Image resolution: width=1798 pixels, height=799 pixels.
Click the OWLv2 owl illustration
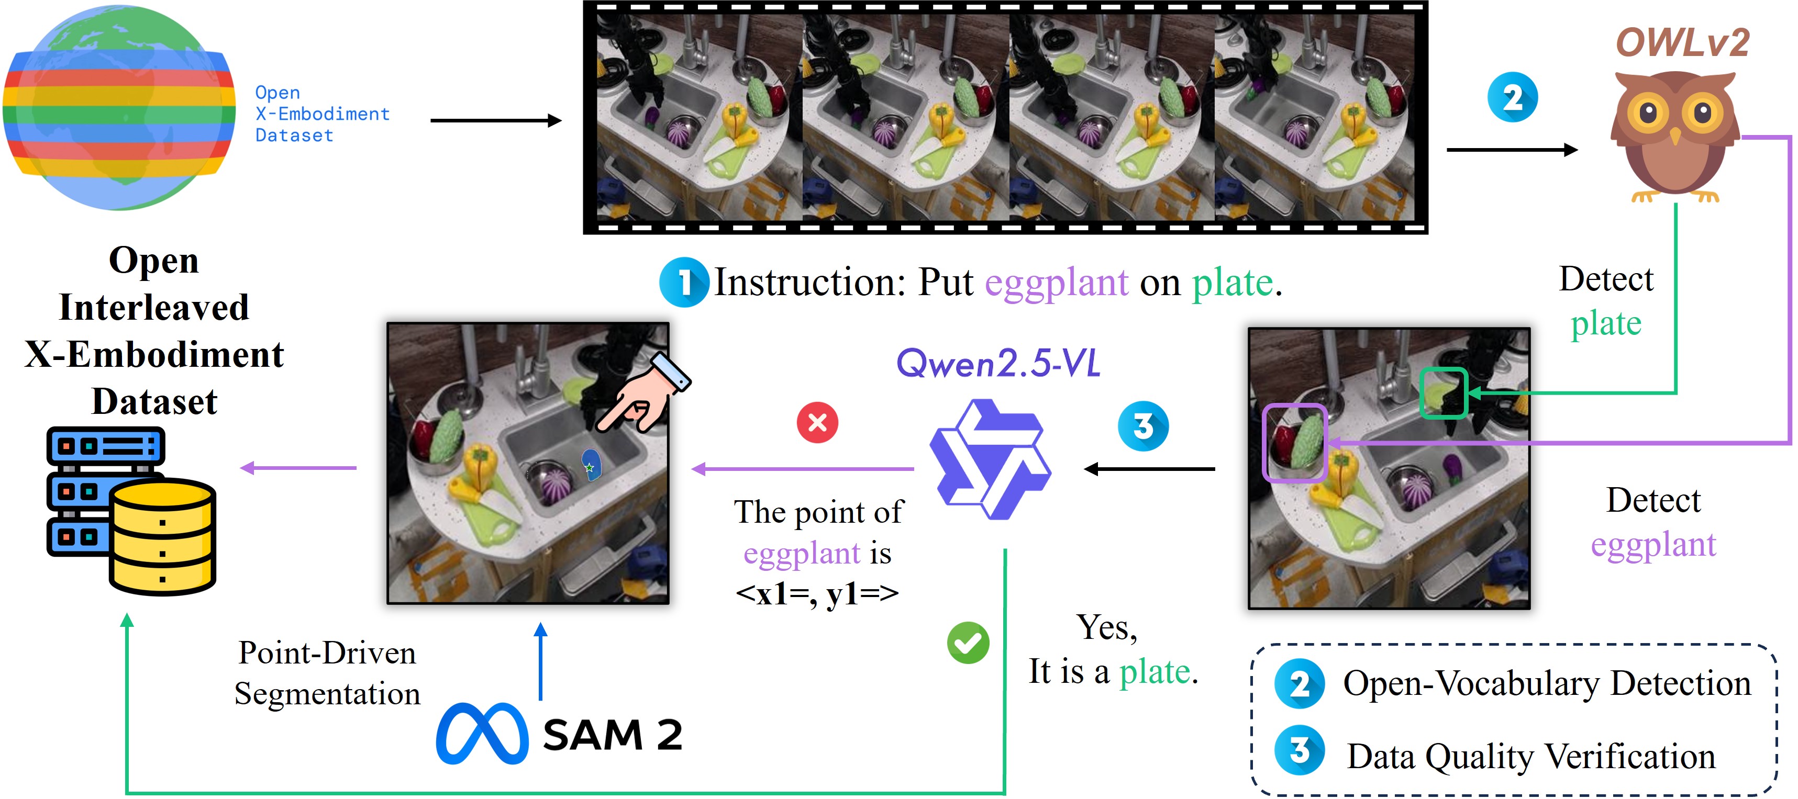pyautogui.click(x=1674, y=136)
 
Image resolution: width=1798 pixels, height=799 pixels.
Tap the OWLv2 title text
pyautogui.click(x=1682, y=43)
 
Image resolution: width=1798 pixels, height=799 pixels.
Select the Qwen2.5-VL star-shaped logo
pyautogui.click(x=990, y=459)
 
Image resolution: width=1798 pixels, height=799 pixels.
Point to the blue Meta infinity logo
pyautogui.click(x=482, y=734)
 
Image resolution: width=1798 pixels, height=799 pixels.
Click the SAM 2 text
pyautogui.click(x=612, y=735)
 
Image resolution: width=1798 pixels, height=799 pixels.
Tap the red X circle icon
pyautogui.click(x=817, y=422)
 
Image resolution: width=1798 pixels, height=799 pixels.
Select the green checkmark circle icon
pyautogui.click(x=968, y=642)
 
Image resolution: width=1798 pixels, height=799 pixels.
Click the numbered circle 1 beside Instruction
pyautogui.click(x=684, y=282)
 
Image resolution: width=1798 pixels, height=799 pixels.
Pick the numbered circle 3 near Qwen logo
pyautogui.click(x=1142, y=426)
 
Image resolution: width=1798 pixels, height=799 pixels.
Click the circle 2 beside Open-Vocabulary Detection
pyautogui.click(x=1299, y=684)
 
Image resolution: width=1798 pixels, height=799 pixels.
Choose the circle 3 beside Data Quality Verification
pyautogui.click(x=1299, y=751)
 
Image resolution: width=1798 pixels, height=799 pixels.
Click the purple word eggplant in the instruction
pyautogui.click(x=1056, y=283)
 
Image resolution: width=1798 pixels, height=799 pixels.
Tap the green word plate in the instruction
pyautogui.click(x=1232, y=283)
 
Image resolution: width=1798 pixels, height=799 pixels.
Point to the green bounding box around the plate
pyautogui.click(x=1444, y=393)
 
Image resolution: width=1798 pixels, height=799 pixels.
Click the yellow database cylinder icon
pyautogui.click(x=162, y=536)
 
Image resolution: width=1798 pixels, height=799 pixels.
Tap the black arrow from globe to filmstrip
pyautogui.click(x=495, y=121)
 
